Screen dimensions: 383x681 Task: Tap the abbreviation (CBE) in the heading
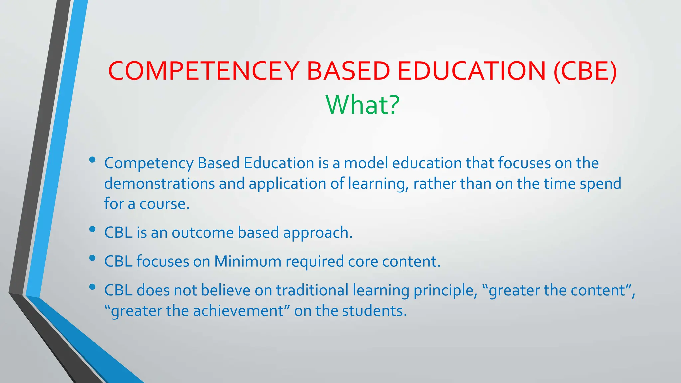point(585,71)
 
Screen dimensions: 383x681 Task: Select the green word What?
point(362,105)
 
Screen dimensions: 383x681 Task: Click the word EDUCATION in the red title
point(472,71)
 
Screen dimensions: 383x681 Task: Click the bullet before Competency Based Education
point(92,160)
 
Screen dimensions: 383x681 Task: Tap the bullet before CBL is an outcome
point(92,229)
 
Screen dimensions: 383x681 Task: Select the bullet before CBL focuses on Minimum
point(92,258)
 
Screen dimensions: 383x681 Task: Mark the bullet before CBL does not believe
point(92,287)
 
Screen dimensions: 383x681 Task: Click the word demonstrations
point(160,184)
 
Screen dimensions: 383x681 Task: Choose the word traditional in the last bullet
point(312,290)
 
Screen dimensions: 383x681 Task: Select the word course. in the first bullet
point(164,204)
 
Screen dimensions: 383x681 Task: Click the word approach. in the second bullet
point(318,233)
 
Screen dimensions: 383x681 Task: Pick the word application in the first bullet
point(287,184)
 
